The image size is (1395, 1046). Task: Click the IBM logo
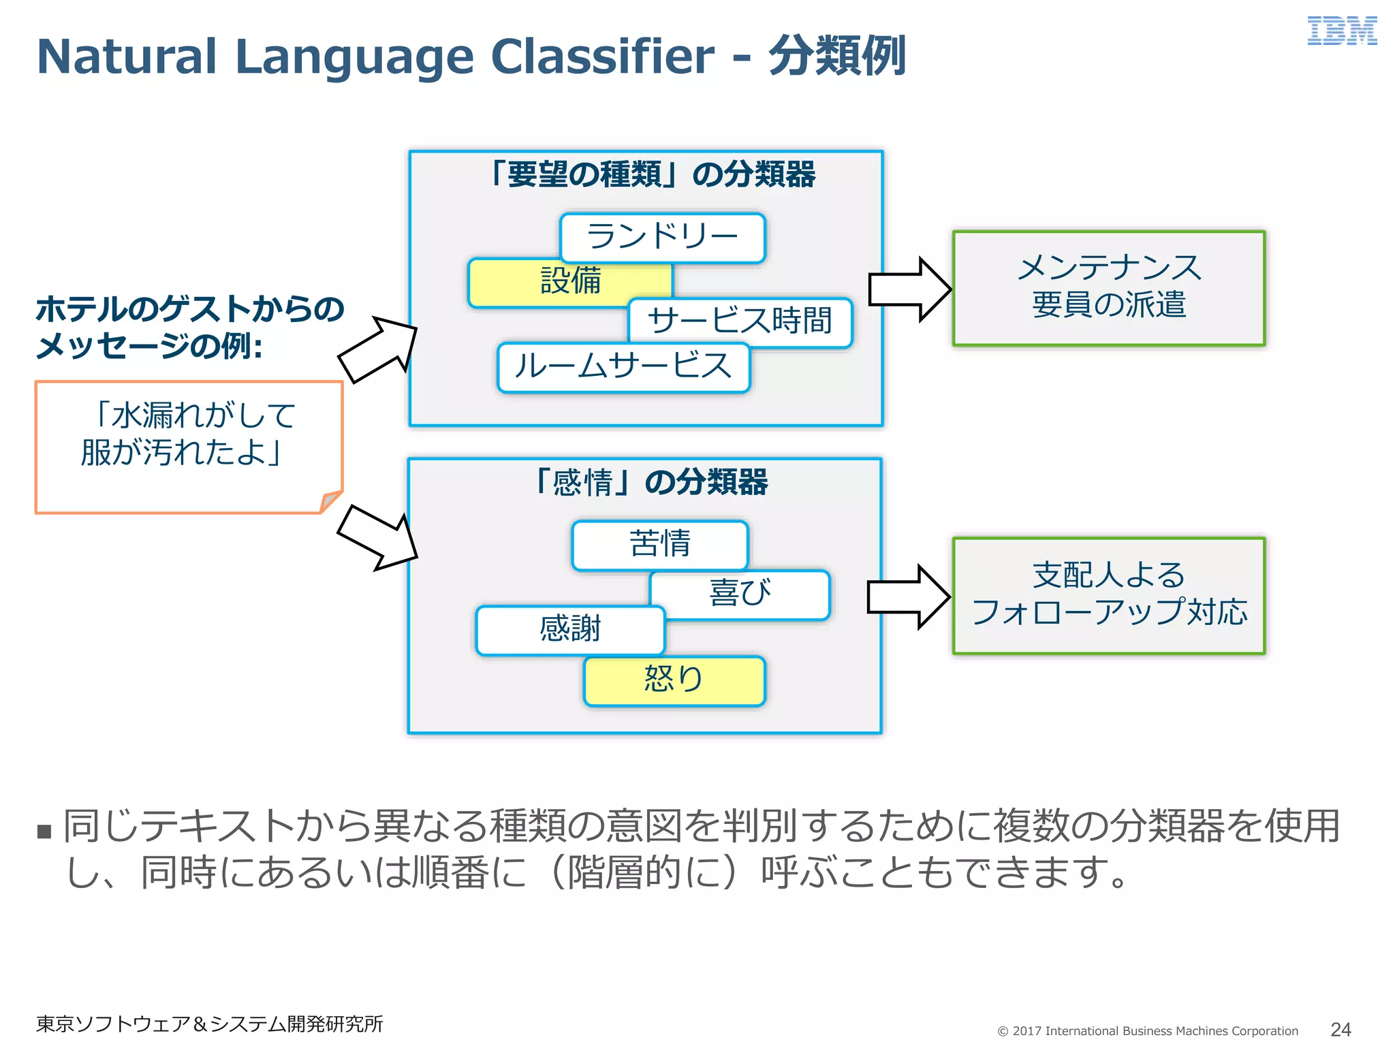[1341, 31]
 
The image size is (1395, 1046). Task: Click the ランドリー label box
[662, 238]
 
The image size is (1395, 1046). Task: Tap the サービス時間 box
[740, 321]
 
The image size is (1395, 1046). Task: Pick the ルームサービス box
[623, 368]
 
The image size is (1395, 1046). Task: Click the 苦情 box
[659, 545]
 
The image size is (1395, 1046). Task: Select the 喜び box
[740, 595]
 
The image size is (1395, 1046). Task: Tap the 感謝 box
[570, 630]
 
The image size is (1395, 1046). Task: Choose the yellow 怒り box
[674, 680]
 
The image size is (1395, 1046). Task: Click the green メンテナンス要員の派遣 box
[1108, 288]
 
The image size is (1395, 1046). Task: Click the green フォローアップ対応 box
[1108, 595]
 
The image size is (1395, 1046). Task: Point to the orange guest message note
[188, 446]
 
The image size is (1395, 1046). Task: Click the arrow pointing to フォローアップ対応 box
[908, 597]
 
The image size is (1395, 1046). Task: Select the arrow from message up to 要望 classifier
[379, 348]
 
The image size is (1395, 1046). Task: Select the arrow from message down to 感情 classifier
[379, 538]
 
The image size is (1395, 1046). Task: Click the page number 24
[1340, 1029]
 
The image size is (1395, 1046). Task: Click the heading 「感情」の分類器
[651, 482]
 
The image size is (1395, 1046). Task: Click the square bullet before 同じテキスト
[45, 831]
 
